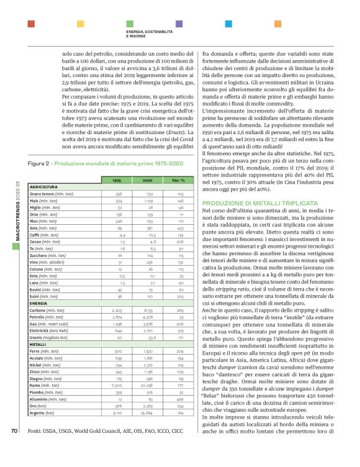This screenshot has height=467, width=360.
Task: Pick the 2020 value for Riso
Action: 150,220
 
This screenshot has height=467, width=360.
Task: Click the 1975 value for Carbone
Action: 117,308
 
